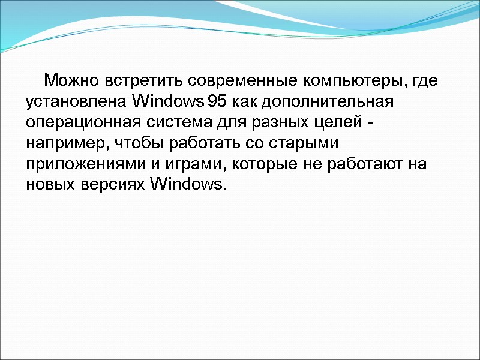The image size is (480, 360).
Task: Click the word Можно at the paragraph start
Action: pos(73,80)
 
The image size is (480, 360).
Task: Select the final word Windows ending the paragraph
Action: pos(187,184)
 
